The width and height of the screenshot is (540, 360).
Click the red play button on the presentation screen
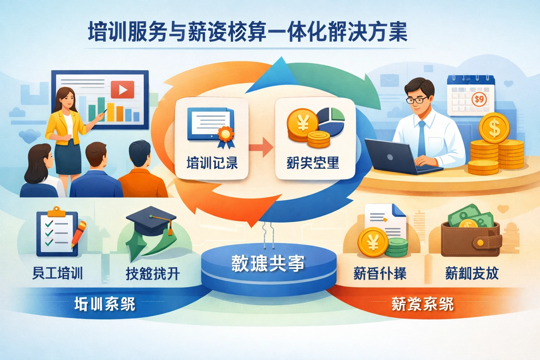click(122, 90)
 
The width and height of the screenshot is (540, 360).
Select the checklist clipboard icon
click(57, 232)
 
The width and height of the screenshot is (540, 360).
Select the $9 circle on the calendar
click(479, 99)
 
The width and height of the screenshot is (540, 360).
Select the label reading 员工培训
click(58, 273)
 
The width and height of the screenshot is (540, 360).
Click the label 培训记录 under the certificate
click(212, 163)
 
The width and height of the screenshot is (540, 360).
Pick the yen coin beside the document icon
click(373, 242)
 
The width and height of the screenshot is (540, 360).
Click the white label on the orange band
click(423, 304)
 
